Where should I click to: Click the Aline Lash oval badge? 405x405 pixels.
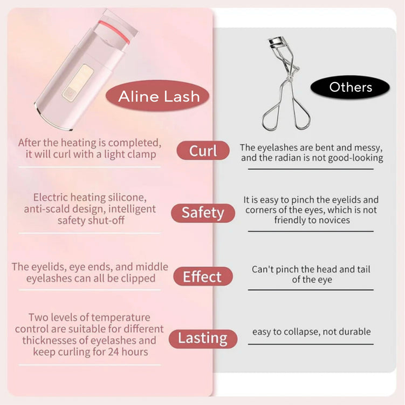[x=157, y=96]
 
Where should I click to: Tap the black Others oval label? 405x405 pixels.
[x=350, y=87]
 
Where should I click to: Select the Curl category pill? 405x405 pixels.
[x=203, y=151]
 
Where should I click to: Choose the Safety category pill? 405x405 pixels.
[x=203, y=213]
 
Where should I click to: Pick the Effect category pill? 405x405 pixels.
[x=203, y=276]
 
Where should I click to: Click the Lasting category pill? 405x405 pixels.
[x=203, y=339]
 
